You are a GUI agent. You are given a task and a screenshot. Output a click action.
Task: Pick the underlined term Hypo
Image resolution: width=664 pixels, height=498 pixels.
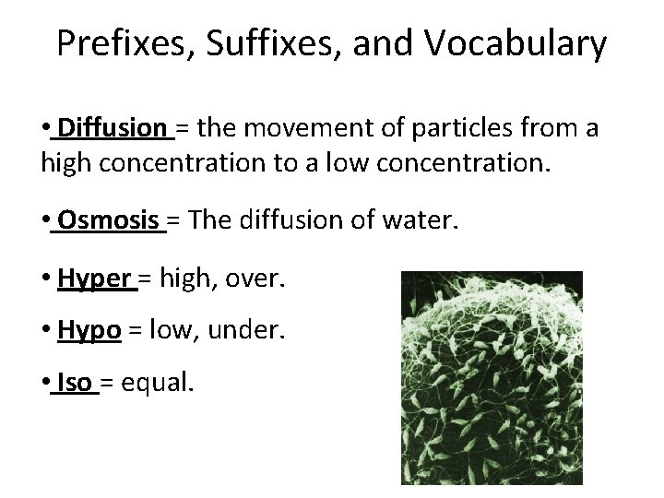tap(89, 329)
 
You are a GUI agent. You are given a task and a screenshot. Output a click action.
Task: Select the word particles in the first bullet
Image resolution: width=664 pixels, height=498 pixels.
tap(448, 127)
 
